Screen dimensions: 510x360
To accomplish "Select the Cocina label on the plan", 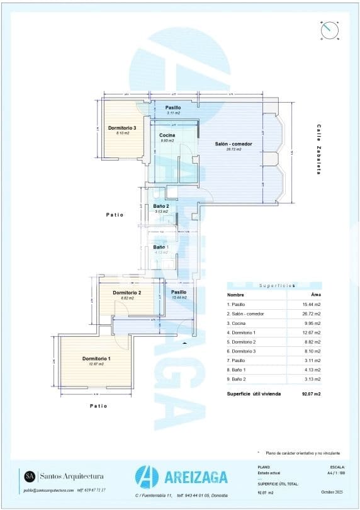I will pyautogui.click(x=167, y=135).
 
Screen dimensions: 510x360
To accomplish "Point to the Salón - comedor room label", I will pyautogui.click(x=233, y=144).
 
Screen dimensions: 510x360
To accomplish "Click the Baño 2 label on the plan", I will pyautogui.click(x=160, y=206).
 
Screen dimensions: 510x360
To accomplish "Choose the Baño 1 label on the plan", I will pyautogui.click(x=160, y=247).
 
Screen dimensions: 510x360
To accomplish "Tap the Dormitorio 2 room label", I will pyautogui.click(x=127, y=293).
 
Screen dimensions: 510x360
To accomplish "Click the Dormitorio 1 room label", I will pyautogui.click(x=96, y=359).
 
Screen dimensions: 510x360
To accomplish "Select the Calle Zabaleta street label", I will pyautogui.click(x=319, y=149).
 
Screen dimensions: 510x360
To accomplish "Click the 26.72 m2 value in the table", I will pyautogui.click(x=311, y=314).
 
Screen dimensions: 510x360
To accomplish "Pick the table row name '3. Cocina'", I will pyautogui.click(x=240, y=323).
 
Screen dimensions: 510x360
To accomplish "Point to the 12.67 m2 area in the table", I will pyautogui.click(x=311, y=332).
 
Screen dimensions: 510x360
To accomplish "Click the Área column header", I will pyautogui.click(x=316, y=295).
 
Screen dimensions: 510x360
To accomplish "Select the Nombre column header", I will pyautogui.click(x=235, y=295).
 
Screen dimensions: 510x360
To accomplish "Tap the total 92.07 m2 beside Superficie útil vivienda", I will pyautogui.click(x=311, y=394).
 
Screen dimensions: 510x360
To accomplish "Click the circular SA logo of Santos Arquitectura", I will pyautogui.click(x=30, y=476).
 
